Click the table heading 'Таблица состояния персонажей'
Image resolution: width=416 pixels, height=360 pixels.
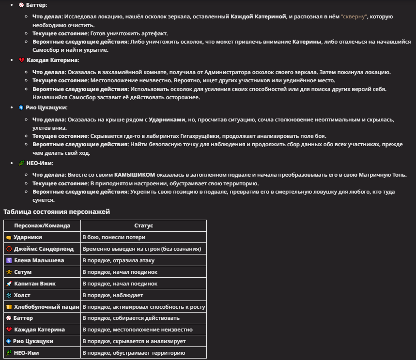point(57,211)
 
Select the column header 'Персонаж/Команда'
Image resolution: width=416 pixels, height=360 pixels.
point(42,225)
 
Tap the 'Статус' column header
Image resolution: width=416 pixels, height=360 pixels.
point(143,225)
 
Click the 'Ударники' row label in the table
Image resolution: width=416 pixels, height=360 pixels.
point(28,237)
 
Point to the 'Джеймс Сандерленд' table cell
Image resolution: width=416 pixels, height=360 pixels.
point(44,249)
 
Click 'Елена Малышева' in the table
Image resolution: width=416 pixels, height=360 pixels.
point(39,260)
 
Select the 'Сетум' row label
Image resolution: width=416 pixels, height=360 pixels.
point(23,272)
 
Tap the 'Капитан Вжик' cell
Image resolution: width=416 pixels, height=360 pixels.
point(35,284)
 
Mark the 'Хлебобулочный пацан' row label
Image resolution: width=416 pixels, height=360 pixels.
point(47,307)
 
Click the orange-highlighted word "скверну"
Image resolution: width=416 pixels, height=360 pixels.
point(354,16)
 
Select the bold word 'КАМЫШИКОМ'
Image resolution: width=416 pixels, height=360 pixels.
point(135,175)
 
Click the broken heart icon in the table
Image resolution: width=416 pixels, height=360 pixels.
point(9,330)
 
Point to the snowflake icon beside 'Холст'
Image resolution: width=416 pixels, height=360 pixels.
point(9,295)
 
